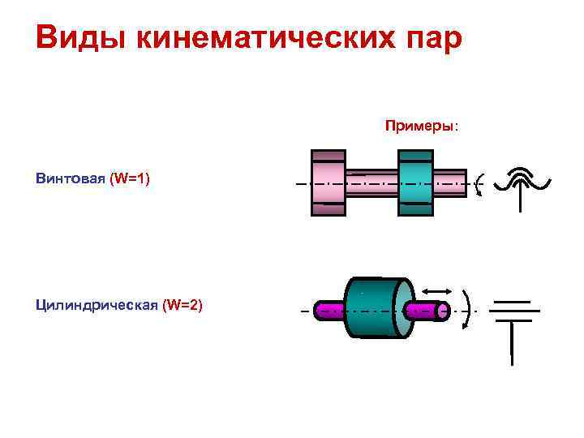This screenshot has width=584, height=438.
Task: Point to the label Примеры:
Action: pyautogui.click(x=421, y=127)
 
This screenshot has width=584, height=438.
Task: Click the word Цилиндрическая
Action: pyautogui.click(x=97, y=305)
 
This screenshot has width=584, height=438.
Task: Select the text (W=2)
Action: pyautogui.click(x=182, y=305)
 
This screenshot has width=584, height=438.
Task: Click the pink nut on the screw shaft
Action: pyautogui.click(x=328, y=183)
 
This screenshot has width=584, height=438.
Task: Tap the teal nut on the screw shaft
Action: pyautogui.click(x=415, y=183)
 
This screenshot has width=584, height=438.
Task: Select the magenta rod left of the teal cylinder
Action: pyautogui.click(x=330, y=309)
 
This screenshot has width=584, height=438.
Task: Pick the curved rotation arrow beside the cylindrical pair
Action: pyautogui.click(x=466, y=309)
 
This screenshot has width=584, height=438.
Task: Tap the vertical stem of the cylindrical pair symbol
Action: pyautogui.click(x=511, y=345)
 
